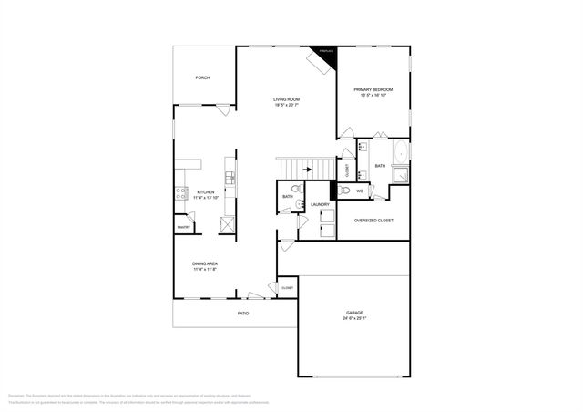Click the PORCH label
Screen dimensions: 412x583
(202, 78)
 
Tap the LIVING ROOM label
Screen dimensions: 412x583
(287, 99)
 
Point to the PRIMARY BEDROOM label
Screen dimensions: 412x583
(373, 89)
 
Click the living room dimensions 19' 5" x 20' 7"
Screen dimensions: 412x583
(287, 106)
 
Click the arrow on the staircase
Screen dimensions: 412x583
(307, 169)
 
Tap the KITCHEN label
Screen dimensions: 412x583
(205, 192)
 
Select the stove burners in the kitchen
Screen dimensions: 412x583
(180, 192)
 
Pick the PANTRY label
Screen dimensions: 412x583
(182, 227)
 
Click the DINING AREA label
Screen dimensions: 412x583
(205, 263)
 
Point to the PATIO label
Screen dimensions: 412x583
(243, 314)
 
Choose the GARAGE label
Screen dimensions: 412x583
(354, 313)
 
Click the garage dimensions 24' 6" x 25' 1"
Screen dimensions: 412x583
(354, 319)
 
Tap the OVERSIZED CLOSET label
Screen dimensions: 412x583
(373, 221)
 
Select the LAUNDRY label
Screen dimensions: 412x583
(319, 205)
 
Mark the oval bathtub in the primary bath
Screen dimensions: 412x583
(402, 150)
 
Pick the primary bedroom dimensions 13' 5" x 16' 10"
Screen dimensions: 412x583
(373, 96)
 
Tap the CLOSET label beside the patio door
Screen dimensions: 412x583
(287, 288)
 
